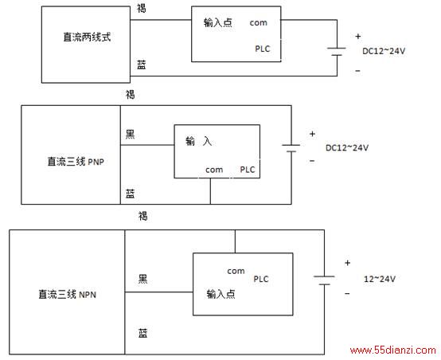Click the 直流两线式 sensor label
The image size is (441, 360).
click(87, 37)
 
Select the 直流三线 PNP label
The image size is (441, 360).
click(76, 162)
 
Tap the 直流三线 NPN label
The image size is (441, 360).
click(67, 295)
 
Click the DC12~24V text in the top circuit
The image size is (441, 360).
click(384, 51)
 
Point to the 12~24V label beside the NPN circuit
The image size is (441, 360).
click(380, 279)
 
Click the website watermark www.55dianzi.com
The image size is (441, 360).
click(393, 350)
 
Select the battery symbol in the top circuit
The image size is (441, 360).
click(337, 52)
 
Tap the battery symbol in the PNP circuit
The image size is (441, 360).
click(291, 148)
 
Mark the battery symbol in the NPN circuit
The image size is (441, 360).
click(324, 280)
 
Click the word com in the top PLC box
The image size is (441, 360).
click(258, 23)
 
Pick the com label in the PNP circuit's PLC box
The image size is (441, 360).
click(214, 170)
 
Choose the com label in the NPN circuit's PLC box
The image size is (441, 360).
click(236, 271)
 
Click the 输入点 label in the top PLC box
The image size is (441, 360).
click(218, 22)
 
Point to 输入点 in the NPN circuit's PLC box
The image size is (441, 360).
click(220, 294)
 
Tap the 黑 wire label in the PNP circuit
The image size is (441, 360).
click(131, 135)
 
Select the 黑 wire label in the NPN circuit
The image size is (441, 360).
click(142, 279)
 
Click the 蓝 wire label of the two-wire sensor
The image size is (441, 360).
click(142, 65)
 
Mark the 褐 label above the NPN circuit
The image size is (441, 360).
click(142, 216)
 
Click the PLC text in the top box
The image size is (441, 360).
click(263, 49)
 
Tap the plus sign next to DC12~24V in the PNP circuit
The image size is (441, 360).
click(312, 134)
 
